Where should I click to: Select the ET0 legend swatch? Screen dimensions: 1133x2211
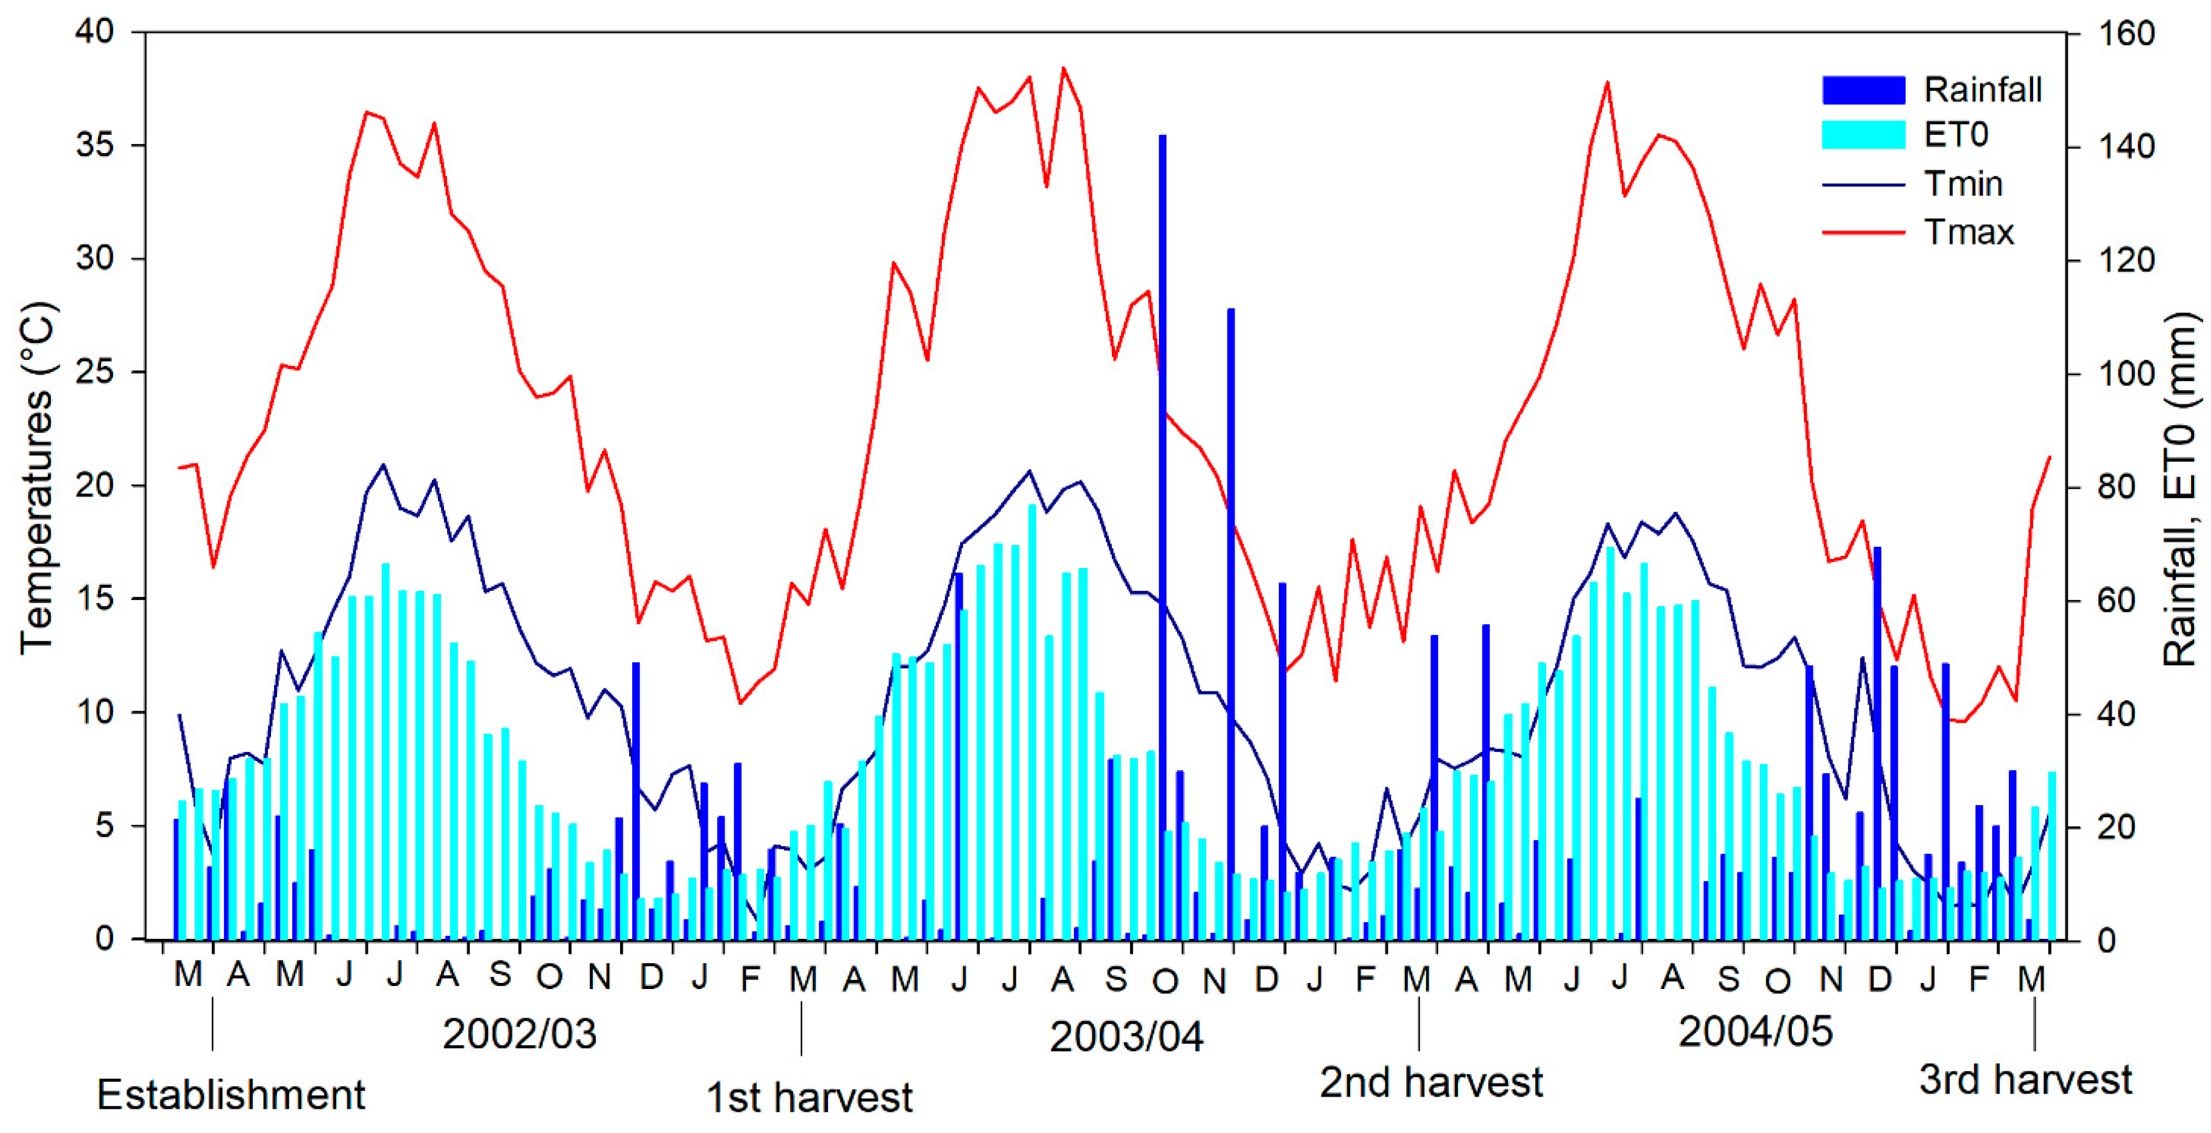point(1863,135)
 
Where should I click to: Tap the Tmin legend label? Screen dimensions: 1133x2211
point(1963,184)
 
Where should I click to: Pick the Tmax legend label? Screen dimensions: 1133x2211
point(1968,233)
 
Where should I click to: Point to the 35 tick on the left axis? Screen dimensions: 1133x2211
point(95,145)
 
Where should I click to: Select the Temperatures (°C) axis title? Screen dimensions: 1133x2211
point(36,478)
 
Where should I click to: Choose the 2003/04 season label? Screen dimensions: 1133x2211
point(1126,1037)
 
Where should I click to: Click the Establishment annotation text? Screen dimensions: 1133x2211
point(231,1095)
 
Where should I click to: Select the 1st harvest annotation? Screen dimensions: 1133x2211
point(809,1098)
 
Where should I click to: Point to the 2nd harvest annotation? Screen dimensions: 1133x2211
point(1431,1082)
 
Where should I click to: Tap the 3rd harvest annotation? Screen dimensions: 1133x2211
point(2026,1080)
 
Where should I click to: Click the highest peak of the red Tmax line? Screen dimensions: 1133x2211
point(1063,68)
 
